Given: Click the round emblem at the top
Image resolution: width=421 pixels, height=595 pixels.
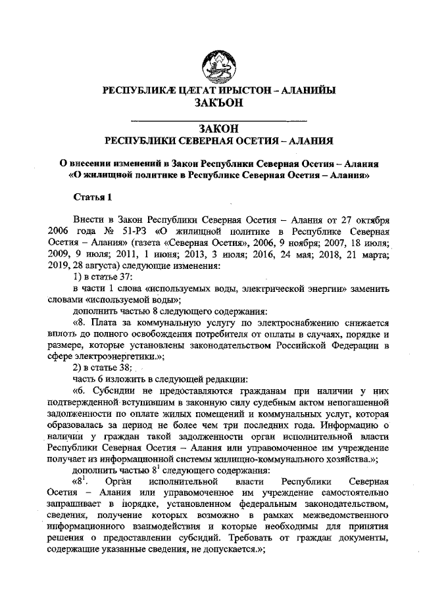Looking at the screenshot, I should [217, 63].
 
